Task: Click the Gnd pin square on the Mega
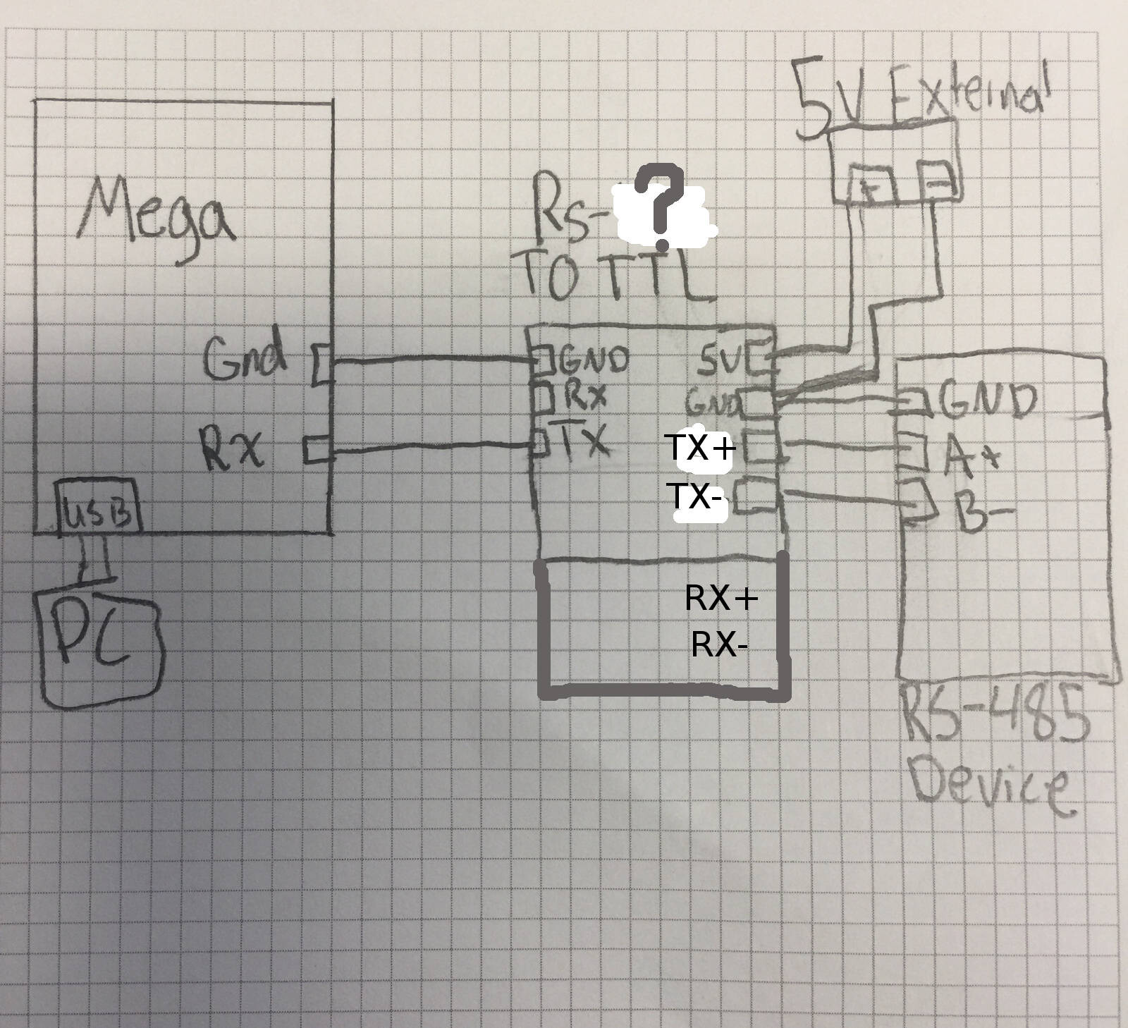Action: (322, 364)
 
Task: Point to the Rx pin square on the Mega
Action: (319, 450)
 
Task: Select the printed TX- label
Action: (694, 496)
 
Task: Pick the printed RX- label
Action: (718, 644)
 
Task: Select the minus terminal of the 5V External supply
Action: (936, 182)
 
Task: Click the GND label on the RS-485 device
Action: (987, 400)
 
